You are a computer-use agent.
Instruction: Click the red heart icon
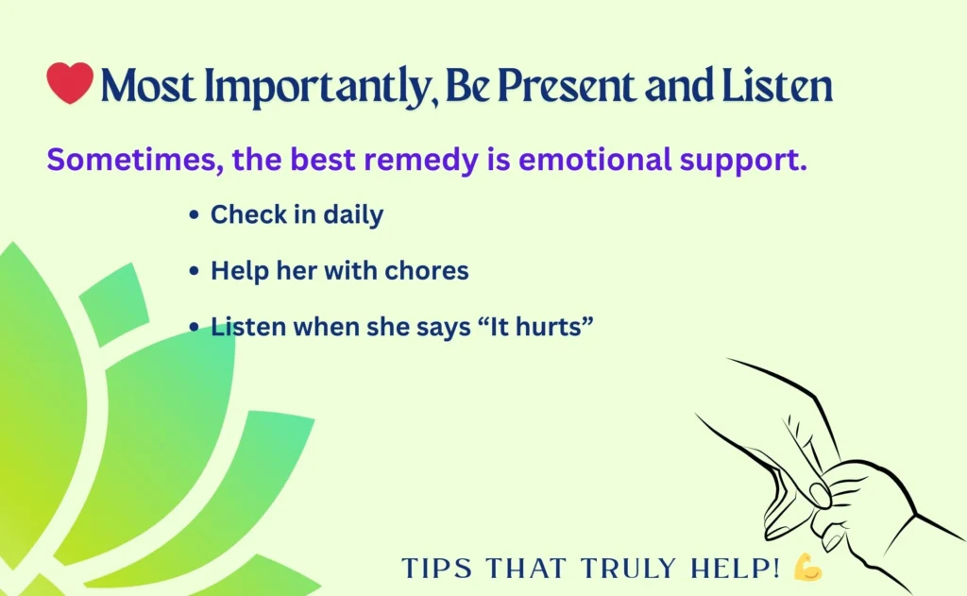point(70,82)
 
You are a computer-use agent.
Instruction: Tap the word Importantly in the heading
point(319,86)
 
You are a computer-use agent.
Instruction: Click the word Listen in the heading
point(777,85)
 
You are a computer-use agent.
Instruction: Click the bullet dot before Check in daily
point(195,214)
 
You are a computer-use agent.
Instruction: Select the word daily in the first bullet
point(353,215)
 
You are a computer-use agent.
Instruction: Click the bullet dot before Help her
point(195,271)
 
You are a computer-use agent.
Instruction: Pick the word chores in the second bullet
point(427,271)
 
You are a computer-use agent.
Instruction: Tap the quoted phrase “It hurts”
point(535,327)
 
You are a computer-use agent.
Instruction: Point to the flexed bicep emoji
point(808,567)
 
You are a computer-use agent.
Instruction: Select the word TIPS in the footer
point(436,569)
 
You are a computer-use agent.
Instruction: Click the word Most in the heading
point(148,85)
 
